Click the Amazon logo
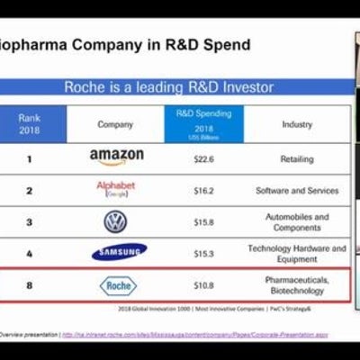(116, 157)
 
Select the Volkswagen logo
(115, 221)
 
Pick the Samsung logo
(119, 252)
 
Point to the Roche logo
(118, 285)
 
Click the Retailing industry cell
(296, 157)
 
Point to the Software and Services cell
(296, 190)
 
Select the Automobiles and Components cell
(296, 222)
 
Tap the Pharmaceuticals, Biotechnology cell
(296, 285)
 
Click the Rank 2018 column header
(30, 123)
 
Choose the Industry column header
(296, 123)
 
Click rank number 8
(29, 285)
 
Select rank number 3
(29, 222)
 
